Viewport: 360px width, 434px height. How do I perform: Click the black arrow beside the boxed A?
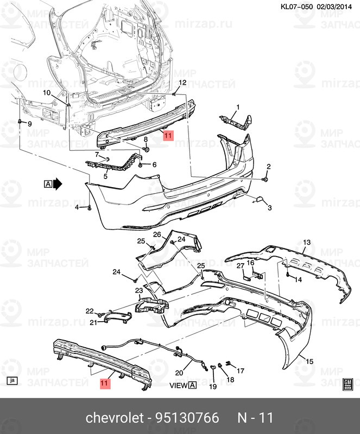[x=58, y=184]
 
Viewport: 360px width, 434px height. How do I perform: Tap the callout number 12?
[x=183, y=82]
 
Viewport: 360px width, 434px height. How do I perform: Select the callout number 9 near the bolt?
[x=30, y=124]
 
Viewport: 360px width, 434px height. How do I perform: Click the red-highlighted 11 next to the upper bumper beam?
[x=168, y=135]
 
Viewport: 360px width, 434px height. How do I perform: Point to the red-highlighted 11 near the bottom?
[x=104, y=384]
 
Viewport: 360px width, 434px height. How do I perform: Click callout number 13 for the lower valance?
[x=307, y=242]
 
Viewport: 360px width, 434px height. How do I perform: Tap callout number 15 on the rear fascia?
[x=310, y=361]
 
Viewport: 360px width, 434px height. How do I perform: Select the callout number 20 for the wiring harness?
[x=179, y=373]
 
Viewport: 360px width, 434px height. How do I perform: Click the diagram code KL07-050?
[x=296, y=7]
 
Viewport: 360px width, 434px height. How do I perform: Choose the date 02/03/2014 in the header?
[x=334, y=7]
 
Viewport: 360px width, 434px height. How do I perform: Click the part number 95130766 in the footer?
[x=187, y=418]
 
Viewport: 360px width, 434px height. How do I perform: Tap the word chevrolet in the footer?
[x=115, y=418]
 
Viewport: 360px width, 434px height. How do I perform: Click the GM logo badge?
[x=348, y=384]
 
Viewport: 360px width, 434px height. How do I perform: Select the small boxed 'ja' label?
[x=12, y=381]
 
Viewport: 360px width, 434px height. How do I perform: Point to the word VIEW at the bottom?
[x=179, y=385]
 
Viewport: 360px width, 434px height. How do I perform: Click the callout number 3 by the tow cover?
[x=270, y=207]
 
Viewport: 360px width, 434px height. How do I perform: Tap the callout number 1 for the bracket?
[x=238, y=107]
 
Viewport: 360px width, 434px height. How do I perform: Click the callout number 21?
[x=93, y=322]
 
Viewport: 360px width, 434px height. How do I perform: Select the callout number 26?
[x=157, y=234]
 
